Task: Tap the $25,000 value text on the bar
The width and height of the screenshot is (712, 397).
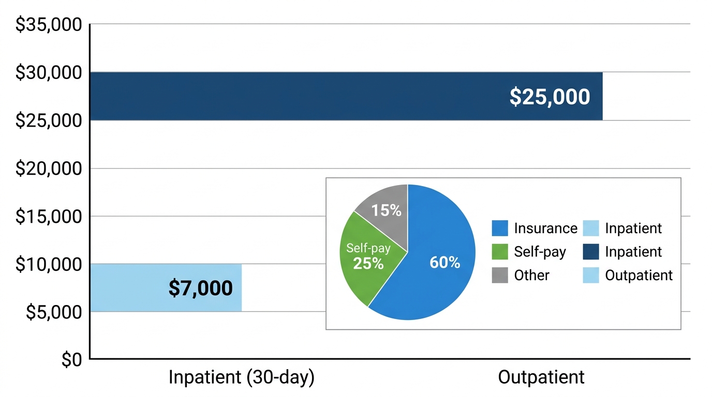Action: click(x=550, y=97)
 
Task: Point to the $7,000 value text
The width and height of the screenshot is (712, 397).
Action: click(x=200, y=288)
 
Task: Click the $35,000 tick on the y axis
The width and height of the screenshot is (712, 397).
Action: click(x=49, y=25)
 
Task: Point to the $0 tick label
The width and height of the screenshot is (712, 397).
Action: click(x=71, y=360)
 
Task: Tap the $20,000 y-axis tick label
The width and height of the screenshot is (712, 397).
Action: click(x=49, y=169)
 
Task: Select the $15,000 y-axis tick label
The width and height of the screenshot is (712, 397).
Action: click(x=49, y=217)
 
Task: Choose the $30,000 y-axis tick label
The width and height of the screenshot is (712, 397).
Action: click(x=49, y=73)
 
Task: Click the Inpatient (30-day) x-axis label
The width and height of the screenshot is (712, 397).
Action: click(x=241, y=377)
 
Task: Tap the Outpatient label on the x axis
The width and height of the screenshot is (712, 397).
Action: click(x=541, y=377)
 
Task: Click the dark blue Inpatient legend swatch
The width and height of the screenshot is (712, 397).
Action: click(x=590, y=252)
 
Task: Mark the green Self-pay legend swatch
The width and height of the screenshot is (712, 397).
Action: click(x=499, y=252)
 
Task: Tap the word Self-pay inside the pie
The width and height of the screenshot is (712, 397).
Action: click(x=368, y=248)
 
